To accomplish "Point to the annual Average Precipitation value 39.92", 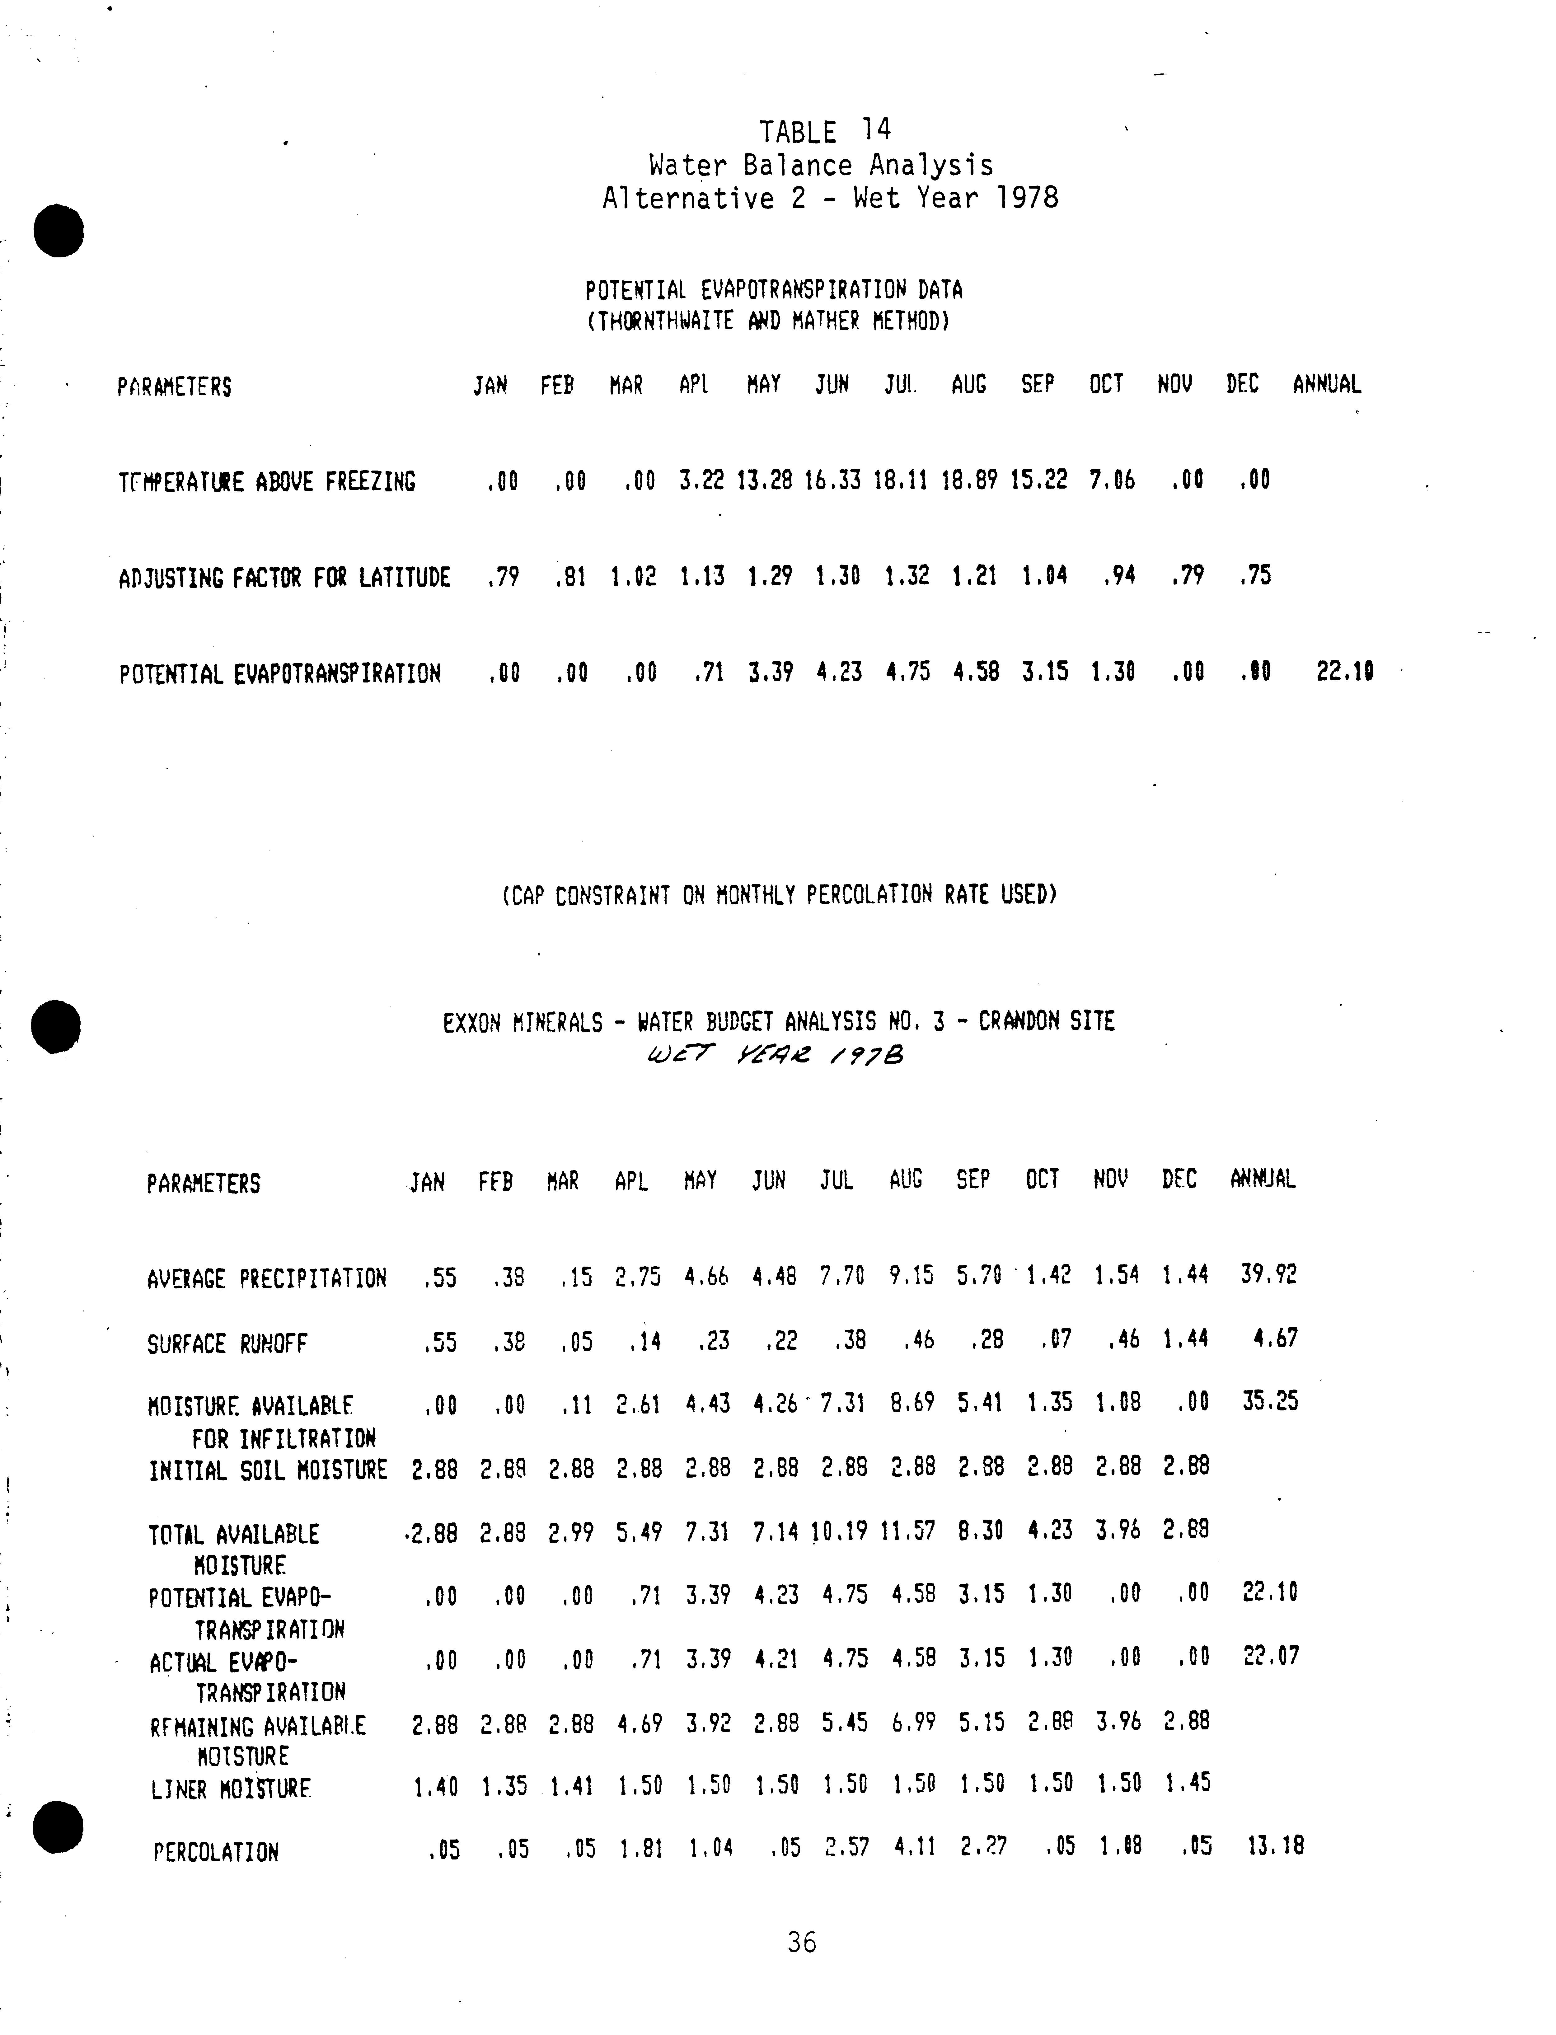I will click(1269, 1274).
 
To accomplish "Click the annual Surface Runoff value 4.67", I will click(1275, 1339).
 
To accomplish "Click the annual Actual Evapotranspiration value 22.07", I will click(1271, 1655).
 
